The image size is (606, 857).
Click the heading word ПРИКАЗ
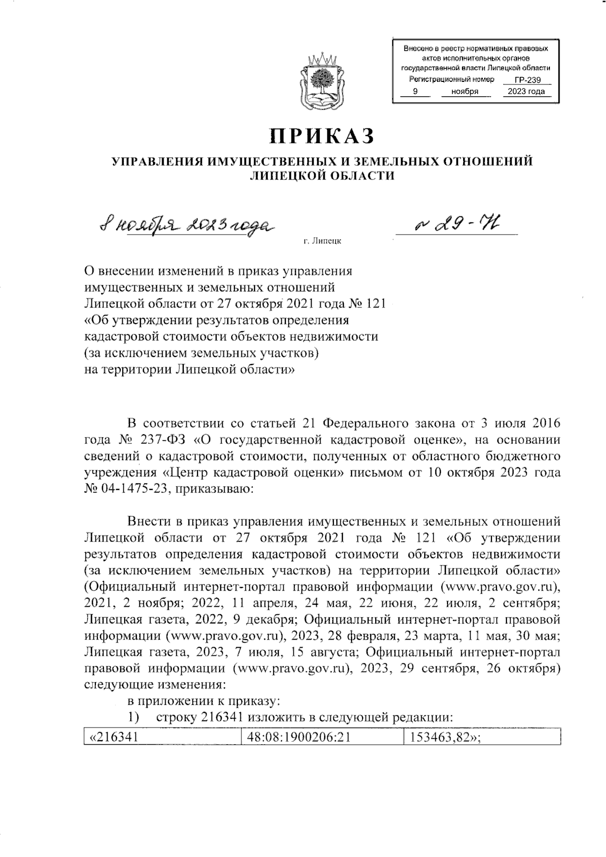322,136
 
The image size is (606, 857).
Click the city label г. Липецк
322,241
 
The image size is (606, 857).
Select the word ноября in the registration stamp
465,92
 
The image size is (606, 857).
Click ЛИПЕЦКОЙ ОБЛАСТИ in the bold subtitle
322,175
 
